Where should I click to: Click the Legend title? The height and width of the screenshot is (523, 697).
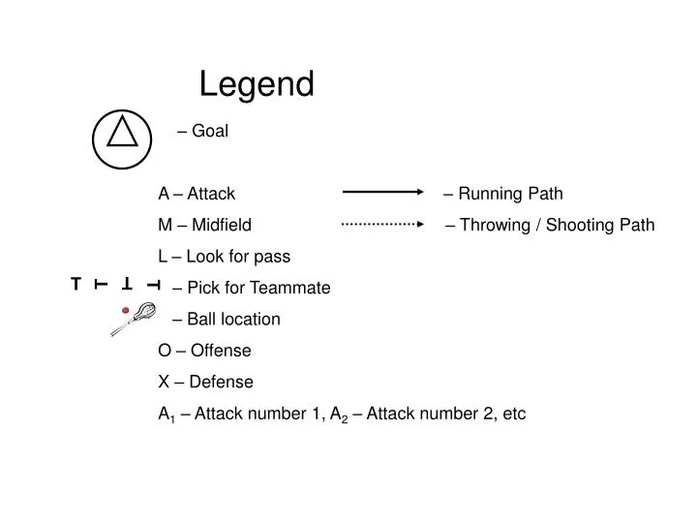pyautogui.click(x=257, y=84)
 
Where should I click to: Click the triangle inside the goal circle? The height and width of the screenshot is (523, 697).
pyautogui.click(x=122, y=133)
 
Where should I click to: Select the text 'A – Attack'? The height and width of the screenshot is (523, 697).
pyautogui.click(x=197, y=194)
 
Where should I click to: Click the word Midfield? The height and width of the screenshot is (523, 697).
pyautogui.click(x=222, y=226)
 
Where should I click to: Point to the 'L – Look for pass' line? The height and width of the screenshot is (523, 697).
pyautogui.click(x=224, y=257)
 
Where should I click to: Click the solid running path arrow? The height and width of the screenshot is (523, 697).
pyautogui.click(x=382, y=194)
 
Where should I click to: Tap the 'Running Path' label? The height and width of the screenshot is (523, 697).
pyautogui.click(x=509, y=194)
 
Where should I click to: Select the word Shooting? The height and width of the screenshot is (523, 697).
pyautogui.click(x=579, y=226)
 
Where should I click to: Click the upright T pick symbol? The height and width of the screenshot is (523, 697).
pyautogui.click(x=76, y=284)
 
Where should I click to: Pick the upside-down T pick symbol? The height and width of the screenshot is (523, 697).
pyautogui.click(x=127, y=284)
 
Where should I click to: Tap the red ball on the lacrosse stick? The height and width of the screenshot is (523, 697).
pyautogui.click(x=125, y=309)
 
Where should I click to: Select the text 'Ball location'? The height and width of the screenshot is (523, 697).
pyautogui.click(x=233, y=319)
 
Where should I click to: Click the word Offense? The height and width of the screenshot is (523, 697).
pyautogui.click(x=221, y=351)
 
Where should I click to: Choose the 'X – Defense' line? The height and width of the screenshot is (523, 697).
pyautogui.click(x=205, y=382)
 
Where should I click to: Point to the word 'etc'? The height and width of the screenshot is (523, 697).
pyautogui.click(x=513, y=414)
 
